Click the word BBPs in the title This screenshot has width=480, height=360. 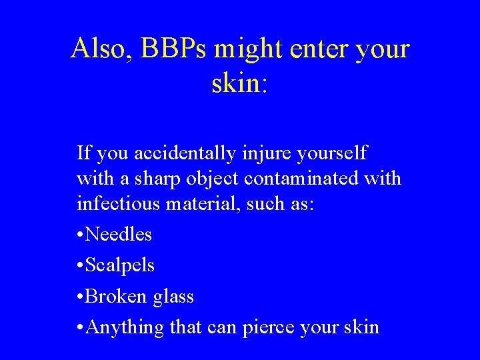coord(162,49)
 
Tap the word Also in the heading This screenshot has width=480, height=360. coord(97,49)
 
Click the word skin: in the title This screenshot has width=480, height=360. coord(240,85)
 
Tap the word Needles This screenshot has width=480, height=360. coord(119,235)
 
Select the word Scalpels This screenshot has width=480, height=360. coord(121,265)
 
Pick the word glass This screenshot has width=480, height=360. coord(173,296)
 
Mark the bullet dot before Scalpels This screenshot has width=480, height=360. coord(81,266)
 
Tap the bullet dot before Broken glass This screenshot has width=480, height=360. coord(81,297)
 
